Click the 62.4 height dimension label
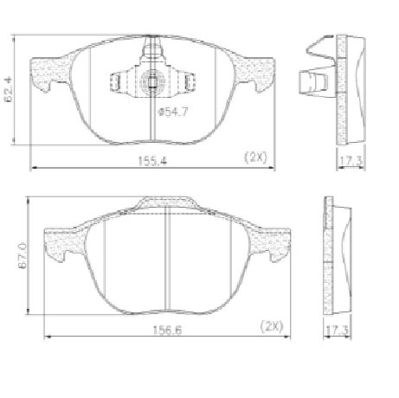tap(8, 89)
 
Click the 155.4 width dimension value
tap(152, 161)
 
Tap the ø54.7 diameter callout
tap(173, 112)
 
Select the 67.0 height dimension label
tap(23, 256)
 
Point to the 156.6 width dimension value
tap(167, 331)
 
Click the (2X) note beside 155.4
tap(255, 157)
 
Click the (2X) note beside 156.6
tap(272, 326)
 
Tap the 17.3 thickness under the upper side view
tap(351, 160)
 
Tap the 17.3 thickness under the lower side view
tap(337, 330)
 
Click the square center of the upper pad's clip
tap(152, 82)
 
